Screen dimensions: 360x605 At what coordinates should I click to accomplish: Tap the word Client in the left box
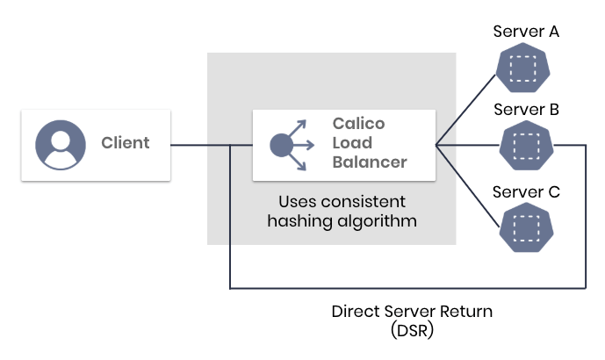click(x=125, y=143)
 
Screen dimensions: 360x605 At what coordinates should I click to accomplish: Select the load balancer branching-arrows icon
click(x=290, y=143)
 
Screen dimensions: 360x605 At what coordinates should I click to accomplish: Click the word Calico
click(x=358, y=123)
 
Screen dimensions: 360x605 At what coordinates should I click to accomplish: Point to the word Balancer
click(x=370, y=162)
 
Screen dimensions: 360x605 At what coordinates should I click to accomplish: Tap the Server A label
click(x=526, y=32)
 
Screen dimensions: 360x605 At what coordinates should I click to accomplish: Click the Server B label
click(x=526, y=110)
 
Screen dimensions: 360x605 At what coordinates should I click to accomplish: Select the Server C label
click(x=526, y=191)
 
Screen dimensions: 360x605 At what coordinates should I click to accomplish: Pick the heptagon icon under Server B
click(x=526, y=145)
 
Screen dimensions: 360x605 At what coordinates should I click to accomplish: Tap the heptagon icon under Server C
click(x=526, y=226)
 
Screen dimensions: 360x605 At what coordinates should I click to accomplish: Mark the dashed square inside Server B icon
click(x=526, y=145)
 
